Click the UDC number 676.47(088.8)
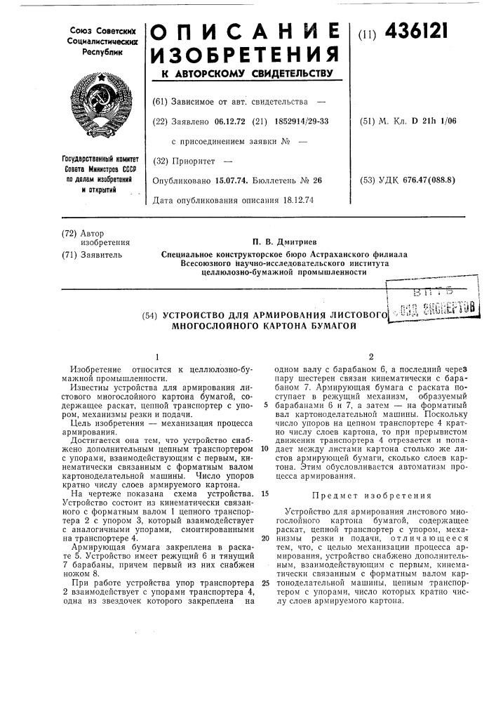(427, 180)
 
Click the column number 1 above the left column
(157, 355)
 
